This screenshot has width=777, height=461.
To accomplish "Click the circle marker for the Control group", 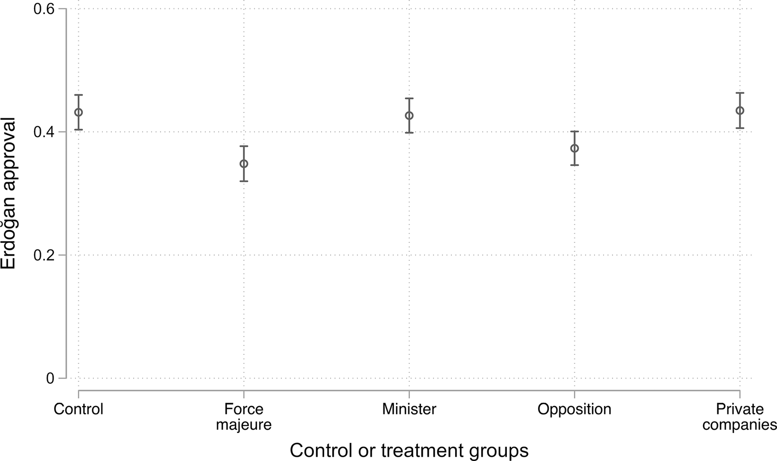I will (78, 112).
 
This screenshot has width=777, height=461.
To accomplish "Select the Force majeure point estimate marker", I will (244, 164).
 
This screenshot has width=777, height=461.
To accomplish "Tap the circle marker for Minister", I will (409, 116).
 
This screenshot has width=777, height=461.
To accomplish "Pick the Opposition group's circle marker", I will (574, 148).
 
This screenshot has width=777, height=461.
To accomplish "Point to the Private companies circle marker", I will (740, 110).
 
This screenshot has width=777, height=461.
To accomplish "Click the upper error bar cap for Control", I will (78, 95).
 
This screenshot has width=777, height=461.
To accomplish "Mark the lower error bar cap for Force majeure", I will (244, 181).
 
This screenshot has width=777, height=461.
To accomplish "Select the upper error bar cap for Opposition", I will (574, 131).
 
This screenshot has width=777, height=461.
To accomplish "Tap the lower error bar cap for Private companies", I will (740, 128).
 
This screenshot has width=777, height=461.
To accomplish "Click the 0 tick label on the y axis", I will (50, 378).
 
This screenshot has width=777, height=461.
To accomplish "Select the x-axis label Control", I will (78, 409).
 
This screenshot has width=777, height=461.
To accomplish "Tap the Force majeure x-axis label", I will (244, 417).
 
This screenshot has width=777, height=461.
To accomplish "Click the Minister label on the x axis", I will (409, 409).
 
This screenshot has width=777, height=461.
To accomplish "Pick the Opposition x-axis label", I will (574, 409).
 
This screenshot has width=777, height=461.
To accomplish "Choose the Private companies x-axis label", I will (740, 417).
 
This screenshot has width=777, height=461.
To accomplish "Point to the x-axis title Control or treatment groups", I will (409, 450).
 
